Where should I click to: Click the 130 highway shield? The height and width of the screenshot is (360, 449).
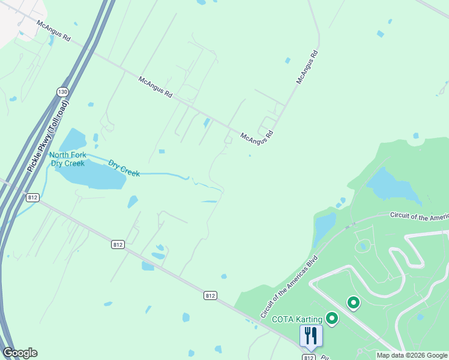(62, 92)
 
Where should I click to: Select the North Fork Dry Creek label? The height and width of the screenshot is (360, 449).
(68, 159)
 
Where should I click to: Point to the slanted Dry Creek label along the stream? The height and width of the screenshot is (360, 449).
(124, 167)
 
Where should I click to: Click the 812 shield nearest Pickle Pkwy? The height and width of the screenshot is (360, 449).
(33, 197)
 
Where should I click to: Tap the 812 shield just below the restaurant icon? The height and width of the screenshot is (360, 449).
(309, 357)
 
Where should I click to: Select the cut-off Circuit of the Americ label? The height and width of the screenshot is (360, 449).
(419, 215)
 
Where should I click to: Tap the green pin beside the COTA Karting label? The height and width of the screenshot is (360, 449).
(331, 318)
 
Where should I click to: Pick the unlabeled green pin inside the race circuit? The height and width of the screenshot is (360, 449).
(354, 304)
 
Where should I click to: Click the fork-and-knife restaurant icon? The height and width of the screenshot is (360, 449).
(310, 335)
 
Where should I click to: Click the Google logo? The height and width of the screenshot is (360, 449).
(20, 353)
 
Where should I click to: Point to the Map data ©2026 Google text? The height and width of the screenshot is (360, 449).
(412, 355)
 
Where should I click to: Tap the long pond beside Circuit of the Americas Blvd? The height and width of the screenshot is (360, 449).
(325, 228)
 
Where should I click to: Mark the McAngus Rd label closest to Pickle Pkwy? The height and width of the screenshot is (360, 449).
(54, 31)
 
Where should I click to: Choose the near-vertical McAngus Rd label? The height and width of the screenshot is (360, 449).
(306, 67)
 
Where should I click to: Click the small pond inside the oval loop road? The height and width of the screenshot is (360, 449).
(363, 246)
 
